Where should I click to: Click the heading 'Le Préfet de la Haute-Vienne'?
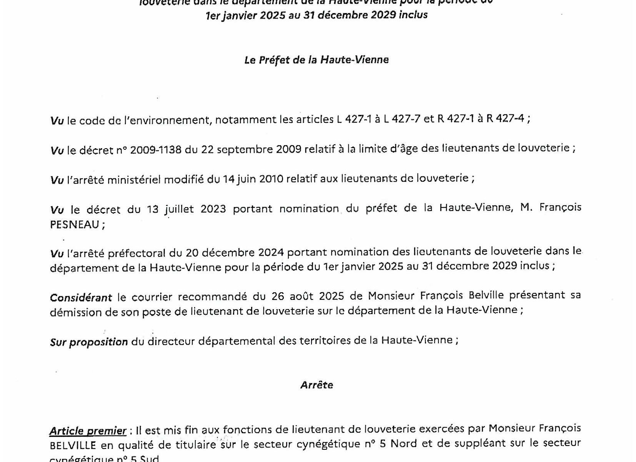(316, 60)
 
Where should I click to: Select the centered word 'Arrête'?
(316, 385)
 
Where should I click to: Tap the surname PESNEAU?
(75, 225)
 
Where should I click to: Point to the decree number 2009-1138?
(156, 149)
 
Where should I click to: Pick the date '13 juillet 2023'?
(186, 209)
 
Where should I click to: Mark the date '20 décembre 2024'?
(235, 253)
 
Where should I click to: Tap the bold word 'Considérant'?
(81, 297)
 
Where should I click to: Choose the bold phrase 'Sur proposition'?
(89, 341)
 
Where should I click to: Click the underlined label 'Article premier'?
(88, 431)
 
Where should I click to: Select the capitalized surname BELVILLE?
(73, 445)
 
